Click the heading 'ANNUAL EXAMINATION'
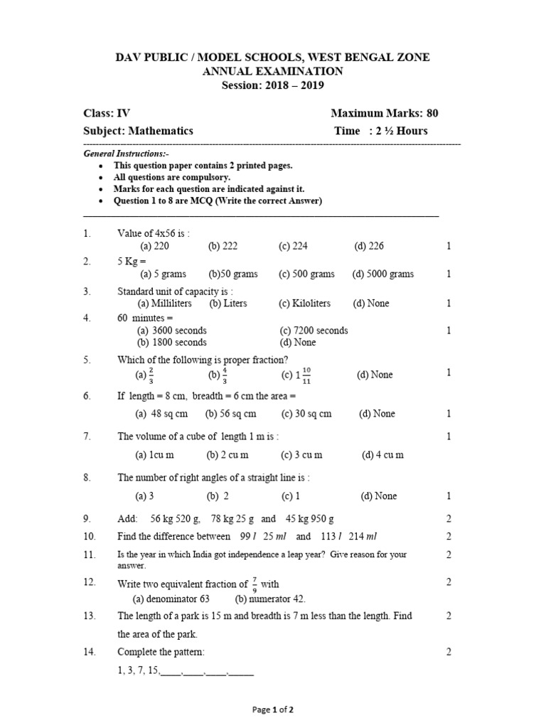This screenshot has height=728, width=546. [x=273, y=71]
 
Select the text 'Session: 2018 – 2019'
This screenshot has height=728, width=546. [x=273, y=85]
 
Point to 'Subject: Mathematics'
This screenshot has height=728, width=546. [x=138, y=131]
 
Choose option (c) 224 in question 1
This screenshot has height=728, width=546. [x=293, y=246]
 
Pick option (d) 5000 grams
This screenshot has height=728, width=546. [x=382, y=274]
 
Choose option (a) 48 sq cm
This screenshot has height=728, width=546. [x=161, y=414]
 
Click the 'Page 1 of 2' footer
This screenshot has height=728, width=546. [x=273, y=710]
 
